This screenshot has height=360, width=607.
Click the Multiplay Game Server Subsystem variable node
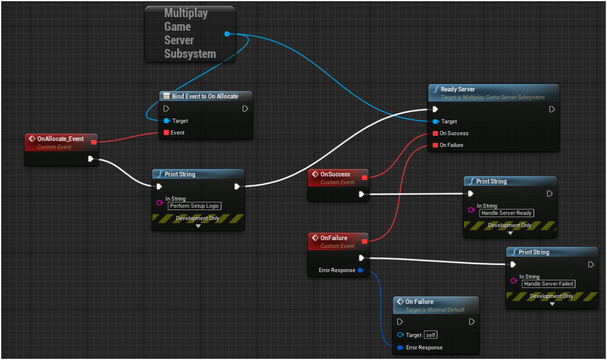(x=186, y=34)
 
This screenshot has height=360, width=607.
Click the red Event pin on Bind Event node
(x=166, y=133)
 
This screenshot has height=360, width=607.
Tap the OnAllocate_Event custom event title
(x=60, y=139)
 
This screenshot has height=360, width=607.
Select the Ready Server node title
(x=458, y=89)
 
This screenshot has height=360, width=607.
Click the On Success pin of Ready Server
(x=435, y=133)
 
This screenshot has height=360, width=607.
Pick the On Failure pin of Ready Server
(x=435, y=145)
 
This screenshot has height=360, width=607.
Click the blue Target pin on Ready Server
(x=435, y=122)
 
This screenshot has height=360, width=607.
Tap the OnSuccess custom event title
(x=335, y=174)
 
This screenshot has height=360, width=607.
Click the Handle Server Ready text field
(x=506, y=213)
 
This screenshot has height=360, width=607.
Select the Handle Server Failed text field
(x=549, y=284)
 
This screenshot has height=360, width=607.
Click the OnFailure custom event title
(x=334, y=238)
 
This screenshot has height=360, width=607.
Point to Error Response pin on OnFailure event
(x=360, y=270)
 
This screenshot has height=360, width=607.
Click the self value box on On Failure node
(x=430, y=335)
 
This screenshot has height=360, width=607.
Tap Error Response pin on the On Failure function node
(x=400, y=348)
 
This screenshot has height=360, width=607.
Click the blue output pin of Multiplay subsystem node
(x=227, y=34)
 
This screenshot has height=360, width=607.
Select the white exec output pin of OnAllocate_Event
(x=90, y=159)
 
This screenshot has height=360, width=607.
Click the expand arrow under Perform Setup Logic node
(x=198, y=226)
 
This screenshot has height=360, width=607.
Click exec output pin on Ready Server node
(x=552, y=109)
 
